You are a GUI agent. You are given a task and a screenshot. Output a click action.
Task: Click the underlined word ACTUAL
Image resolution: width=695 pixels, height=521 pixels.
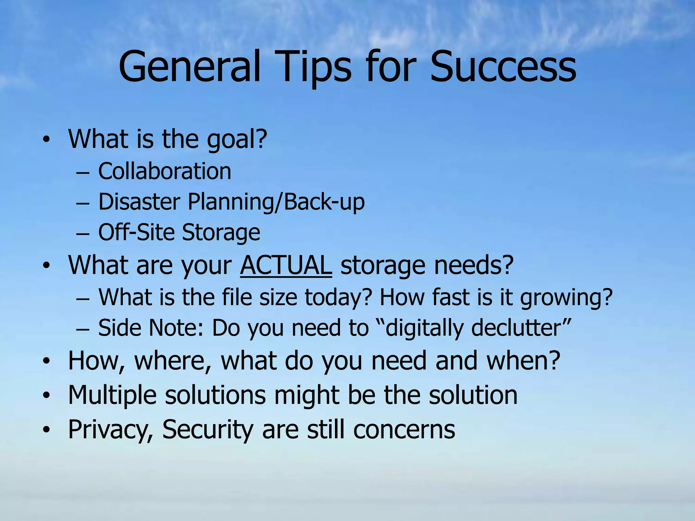[286, 265]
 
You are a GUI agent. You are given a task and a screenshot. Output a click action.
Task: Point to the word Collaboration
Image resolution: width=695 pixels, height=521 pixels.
[165, 171]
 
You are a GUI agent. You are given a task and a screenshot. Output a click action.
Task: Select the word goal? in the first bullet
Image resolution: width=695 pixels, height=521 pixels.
[237, 139]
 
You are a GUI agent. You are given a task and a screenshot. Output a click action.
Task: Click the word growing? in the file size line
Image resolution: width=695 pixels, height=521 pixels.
[566, 297]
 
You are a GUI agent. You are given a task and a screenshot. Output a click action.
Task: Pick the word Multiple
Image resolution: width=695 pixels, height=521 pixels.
[112, 395]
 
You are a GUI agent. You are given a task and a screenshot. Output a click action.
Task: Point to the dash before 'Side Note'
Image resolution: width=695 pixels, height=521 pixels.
[82, 329]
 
